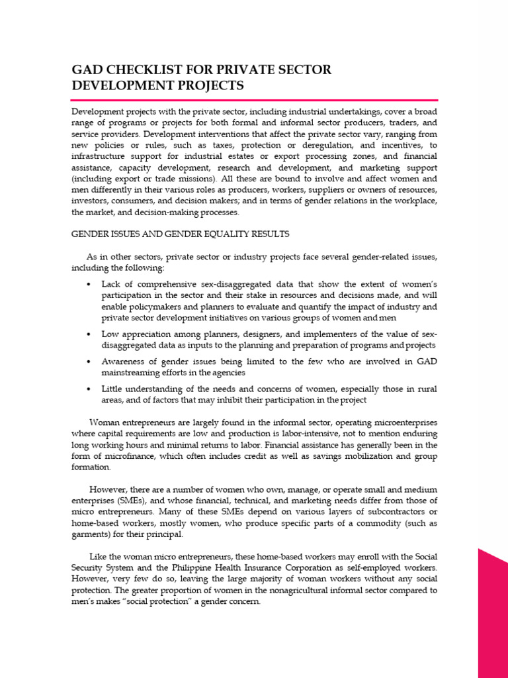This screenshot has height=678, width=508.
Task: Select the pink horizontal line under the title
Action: coord(254,99)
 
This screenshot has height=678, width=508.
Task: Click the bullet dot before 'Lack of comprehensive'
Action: coord(89,284)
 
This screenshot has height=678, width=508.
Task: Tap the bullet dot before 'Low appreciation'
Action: coord(89,334)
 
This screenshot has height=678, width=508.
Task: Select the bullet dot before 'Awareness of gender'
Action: coord(89,362)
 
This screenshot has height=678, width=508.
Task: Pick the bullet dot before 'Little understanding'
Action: coord(89,389)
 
